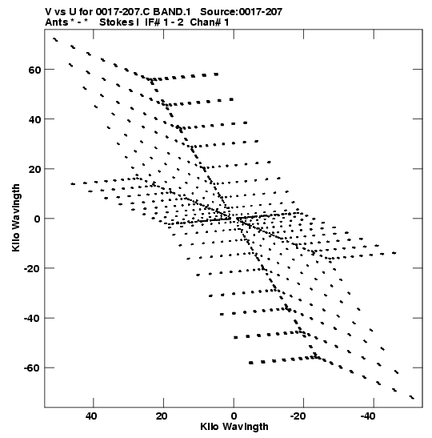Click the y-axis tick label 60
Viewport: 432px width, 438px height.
coord(34,70)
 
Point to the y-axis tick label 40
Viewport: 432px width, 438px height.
coord(34,119)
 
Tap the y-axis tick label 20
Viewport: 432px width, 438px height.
coord(34,169)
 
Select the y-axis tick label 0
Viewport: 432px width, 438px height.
coord(38,219)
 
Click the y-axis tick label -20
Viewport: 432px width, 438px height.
coord(32,269)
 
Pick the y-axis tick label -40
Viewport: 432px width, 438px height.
coord(32,319)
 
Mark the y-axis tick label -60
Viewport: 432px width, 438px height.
coord(32,368)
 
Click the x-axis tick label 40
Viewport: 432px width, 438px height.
coord(91,416)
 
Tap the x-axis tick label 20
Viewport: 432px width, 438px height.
coord(162,416)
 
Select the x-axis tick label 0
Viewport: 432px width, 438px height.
coord(234,416)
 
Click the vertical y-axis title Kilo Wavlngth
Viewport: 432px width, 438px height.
coord(16,218)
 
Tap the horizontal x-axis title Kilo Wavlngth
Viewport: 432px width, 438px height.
coord(234,427)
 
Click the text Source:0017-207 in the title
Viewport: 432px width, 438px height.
coord(242,12)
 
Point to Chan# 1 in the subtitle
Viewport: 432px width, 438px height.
coord(210,22)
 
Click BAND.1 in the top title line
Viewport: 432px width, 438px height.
coord(172,12)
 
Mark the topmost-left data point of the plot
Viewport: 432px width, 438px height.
coord(55,40)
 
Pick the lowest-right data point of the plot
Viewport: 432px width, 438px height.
coord(412,397)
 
